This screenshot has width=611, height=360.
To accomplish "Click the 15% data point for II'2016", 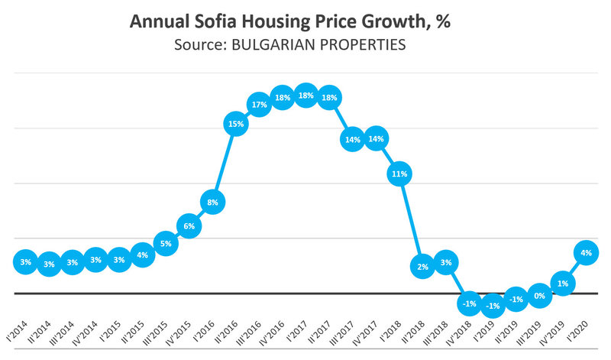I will pos(236,123).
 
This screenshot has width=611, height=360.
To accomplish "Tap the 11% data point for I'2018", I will pos(399,174).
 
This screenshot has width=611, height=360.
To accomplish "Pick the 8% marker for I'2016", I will pos(212,203).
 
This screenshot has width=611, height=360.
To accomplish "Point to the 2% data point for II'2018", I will pos(422,265).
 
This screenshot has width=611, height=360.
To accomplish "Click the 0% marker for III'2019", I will pos(539,295).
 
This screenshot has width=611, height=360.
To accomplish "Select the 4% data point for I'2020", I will pos(587,253).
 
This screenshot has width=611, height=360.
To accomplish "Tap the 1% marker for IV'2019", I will pos(563,283).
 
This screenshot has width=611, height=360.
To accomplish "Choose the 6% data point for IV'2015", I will pos(189,226).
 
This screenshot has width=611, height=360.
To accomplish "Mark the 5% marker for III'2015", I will pos(165,244).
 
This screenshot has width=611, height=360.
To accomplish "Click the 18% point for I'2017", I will pos(305,96).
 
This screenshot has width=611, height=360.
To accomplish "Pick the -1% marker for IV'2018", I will pos(470,304).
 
